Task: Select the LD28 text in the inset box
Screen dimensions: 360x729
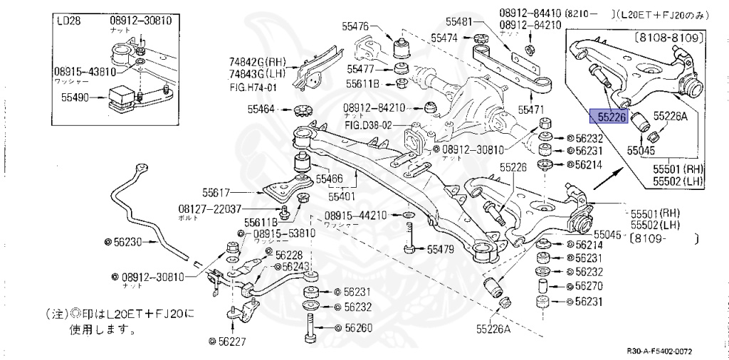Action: coord(69,21)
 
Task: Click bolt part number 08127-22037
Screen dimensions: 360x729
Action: coord(209,208)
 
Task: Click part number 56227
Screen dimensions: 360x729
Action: coord(231,341)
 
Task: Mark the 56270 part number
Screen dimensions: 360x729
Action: coord(589,287)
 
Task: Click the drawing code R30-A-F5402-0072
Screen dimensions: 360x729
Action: coord(659,351)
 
